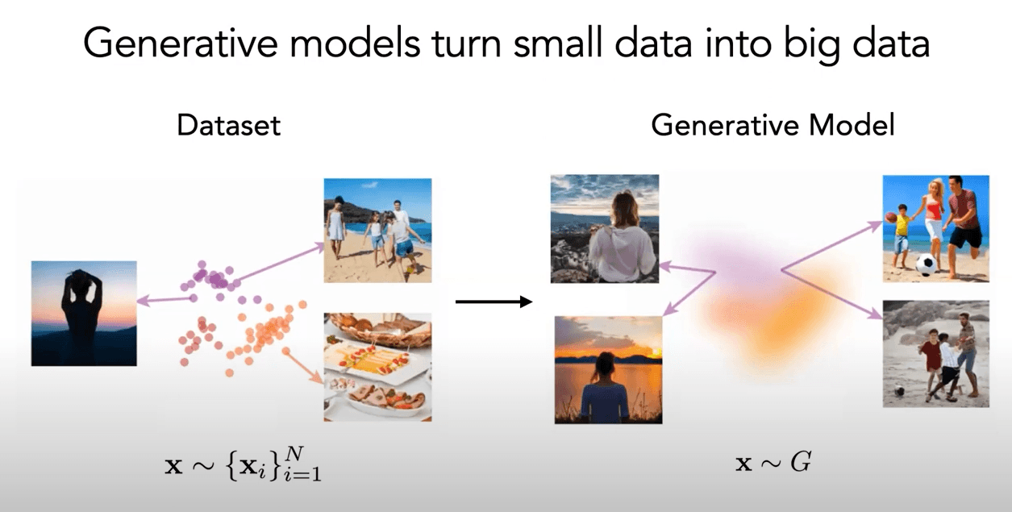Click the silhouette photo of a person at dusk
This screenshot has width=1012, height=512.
[x=84, y=313]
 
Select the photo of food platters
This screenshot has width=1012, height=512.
[x=377, y=367]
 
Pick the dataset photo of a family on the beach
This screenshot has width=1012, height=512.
[x=377, y=230]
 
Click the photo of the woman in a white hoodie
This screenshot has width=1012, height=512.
[x=605, y=228]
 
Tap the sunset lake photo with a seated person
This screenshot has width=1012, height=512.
[x=609, y=369]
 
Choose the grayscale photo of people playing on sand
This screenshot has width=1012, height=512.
[x=935, y=353]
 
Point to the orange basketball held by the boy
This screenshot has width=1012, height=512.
[x=890, y=218]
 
